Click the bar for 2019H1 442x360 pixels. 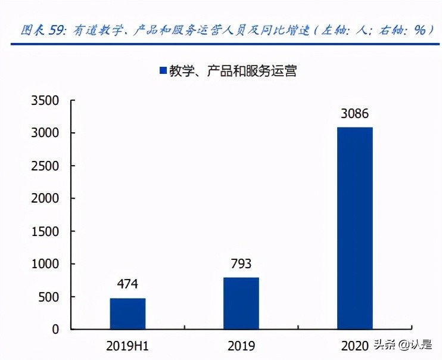pyautogui.click(x=127, y=314)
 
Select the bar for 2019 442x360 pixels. pyautogui.click(x=241, y=303)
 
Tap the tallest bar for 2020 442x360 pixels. pyautogui.click(x=355, y=228)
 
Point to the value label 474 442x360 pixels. pyautogui.click(x=127, y=285)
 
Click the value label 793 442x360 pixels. pyautogui.click(x=241, y=264)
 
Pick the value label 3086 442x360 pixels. pyautogui.click(x=355, y=114)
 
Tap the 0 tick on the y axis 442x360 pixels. pyautogui.click(x=57, y=329)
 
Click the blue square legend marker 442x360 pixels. pyautogui.click(x=162, y=70)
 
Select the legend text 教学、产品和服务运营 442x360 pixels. pyautogui.click(x=233, y=70)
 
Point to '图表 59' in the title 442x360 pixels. pyautogui.click(x=42, y=29)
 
